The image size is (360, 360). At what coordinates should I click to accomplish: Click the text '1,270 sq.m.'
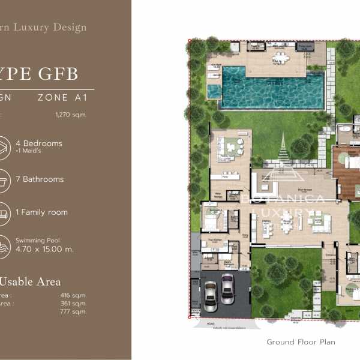tap(71, 114)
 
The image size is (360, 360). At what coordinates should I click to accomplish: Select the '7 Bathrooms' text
tap(43, 179)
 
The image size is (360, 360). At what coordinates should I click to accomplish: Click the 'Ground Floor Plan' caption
tap(301, 342)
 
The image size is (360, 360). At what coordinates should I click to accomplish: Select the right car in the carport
tap(227, 289)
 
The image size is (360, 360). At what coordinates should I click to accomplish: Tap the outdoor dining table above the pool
tap(278, 59)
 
